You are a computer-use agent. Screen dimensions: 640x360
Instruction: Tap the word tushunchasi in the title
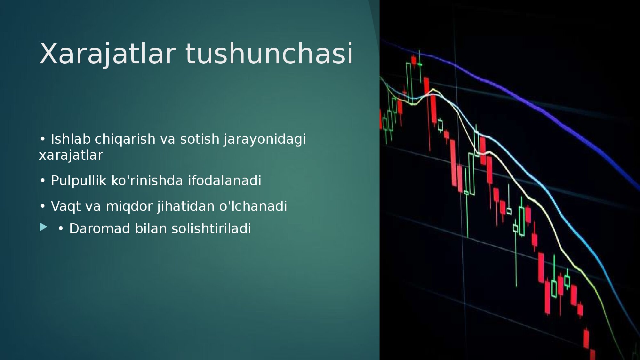pyautogui.click(x=269, y=53)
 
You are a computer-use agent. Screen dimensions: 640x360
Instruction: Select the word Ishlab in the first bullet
pyautogui.click(x=71, y=139)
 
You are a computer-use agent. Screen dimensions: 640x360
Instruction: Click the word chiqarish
pyautogui.click(x=125, y=140)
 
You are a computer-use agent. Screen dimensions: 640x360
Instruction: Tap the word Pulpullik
pyautogui.click(x=78, y=181)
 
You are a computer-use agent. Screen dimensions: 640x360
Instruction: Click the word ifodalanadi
pyautogui.click(x=225, y=180)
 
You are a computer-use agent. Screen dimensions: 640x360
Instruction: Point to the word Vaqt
pyautogui.click(x=66, y=206)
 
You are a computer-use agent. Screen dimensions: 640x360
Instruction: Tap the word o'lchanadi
pyautogui.click(x=253, y=206)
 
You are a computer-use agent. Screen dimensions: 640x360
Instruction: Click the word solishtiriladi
pyautogui.click(x=211, y=228)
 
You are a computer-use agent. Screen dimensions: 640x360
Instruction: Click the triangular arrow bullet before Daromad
pyautogui.click(x=44, y=227)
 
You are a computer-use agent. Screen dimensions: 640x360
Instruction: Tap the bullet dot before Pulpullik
pyautogui.click(x=43, y=181)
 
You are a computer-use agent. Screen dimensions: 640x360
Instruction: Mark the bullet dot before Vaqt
pyautogui.click(x=43, y=206)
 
